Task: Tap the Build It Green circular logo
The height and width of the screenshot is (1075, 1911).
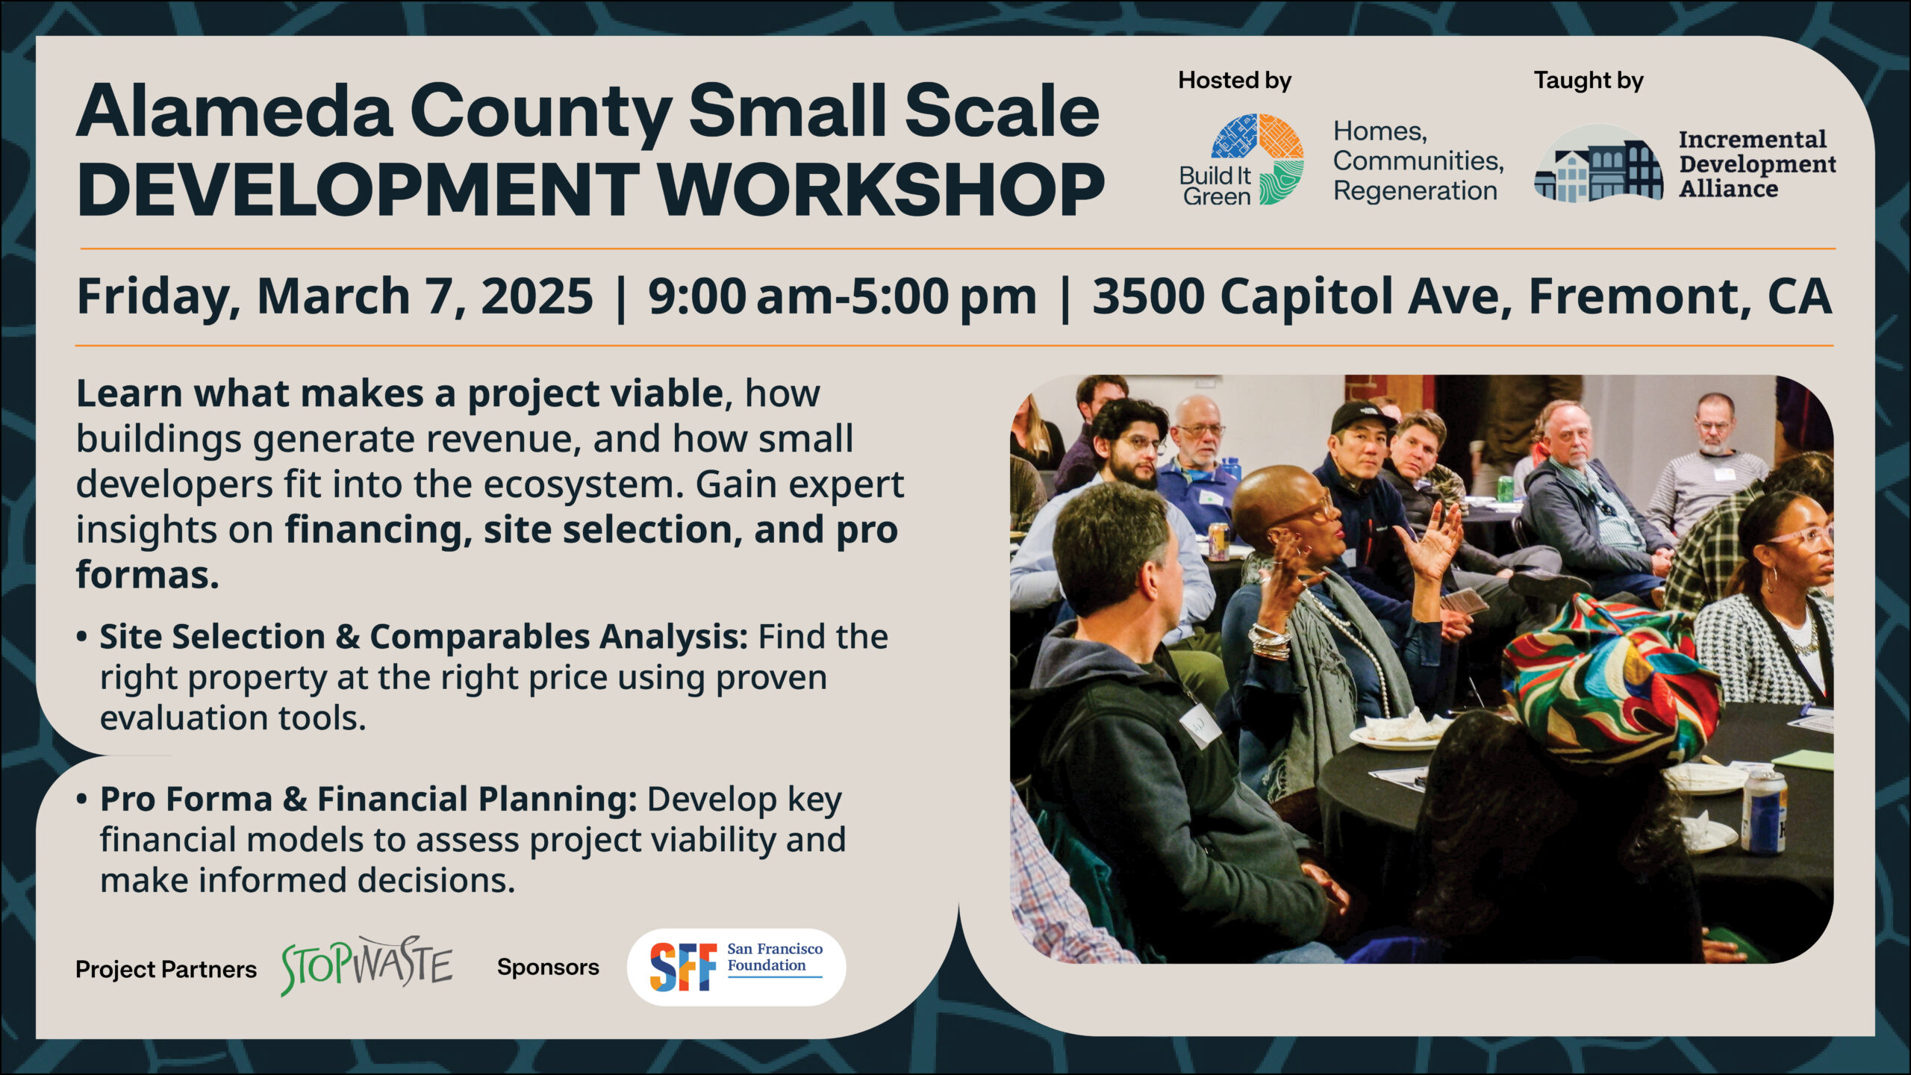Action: (x=1258, y=159)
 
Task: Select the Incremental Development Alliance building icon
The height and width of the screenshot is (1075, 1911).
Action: (x=1598, y=164)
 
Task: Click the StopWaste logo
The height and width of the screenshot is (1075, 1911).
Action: (x=367, y=965)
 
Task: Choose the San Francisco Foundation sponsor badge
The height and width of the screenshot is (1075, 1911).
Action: (x=736, y=966)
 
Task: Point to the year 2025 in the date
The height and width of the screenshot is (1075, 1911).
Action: (x=537, y=296)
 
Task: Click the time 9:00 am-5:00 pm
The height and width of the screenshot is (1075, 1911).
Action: (x=842, y=297)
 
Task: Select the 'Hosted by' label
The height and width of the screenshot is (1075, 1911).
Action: (x=1235, y=81)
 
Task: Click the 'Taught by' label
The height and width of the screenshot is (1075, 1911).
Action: (x=1589, y=81)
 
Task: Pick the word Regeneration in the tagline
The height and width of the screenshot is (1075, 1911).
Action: (x=1415, y=191)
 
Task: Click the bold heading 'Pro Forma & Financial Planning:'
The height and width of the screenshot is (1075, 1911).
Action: (x=368, y=799)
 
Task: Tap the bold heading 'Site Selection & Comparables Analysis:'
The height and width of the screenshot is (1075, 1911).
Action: (x=423, y=637)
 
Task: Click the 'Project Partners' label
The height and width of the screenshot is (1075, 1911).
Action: (x=166, y=969)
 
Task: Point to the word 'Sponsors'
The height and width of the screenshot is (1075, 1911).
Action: (x=548, y=967)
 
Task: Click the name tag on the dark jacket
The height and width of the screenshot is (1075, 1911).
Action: (x=1200, y=723)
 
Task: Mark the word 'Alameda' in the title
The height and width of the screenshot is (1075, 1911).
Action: (x=234, y=111)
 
